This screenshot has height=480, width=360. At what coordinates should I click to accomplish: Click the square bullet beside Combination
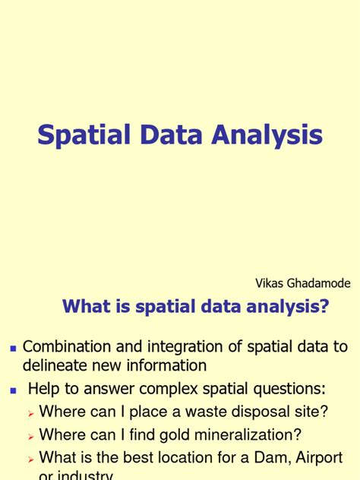[x=12, y=348]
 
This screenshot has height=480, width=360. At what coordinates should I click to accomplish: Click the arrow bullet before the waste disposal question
[x=30, y=413]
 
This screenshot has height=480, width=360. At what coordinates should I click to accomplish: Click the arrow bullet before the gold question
[x=30, y=436]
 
